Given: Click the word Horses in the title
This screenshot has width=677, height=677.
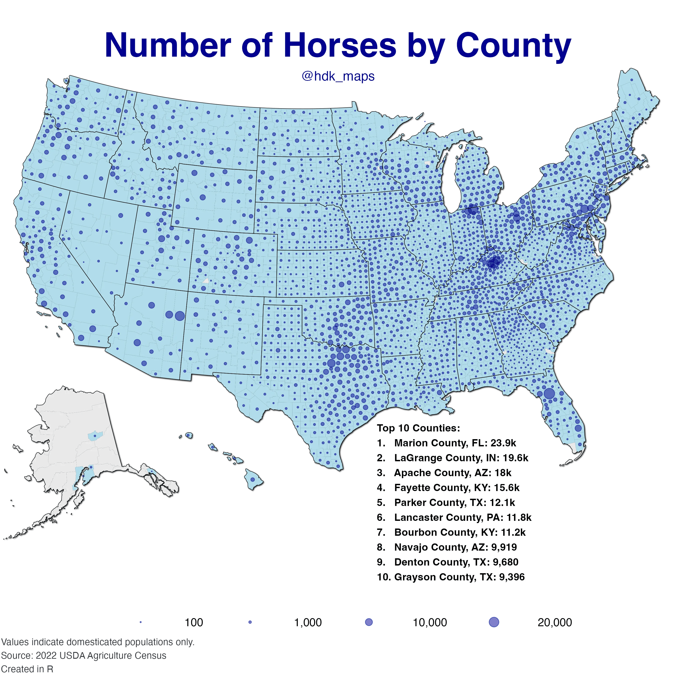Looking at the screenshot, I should (x=340, y=46).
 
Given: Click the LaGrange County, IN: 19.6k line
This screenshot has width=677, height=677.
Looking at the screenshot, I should (x=452, y=458).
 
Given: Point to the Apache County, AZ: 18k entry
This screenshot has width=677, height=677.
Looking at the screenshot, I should (x=444, y=473).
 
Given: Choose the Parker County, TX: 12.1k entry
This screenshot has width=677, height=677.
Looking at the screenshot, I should (x=446, y=503).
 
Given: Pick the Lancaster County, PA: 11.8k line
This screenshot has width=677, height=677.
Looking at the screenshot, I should (x=454, y=517).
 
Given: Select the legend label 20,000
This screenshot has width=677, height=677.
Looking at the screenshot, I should (x=554, y=623).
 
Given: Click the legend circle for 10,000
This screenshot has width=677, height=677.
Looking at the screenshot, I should (x=369, y=622).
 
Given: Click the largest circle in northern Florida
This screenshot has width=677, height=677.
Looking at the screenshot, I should (x=549, y=394).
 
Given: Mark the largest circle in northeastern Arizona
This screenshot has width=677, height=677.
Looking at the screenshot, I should (x=179, y=316).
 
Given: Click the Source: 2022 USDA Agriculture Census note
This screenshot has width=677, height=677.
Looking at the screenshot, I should (x=83, y=656).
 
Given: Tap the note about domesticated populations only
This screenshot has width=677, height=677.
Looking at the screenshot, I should (x=97, y=642).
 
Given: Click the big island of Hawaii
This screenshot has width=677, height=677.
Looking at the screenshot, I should (x=253, y=479).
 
